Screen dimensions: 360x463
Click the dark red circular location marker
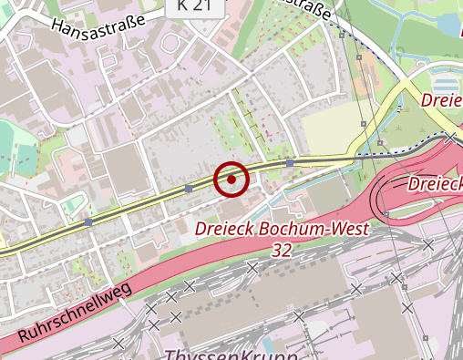[231, 180]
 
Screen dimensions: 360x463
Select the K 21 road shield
[194, 6]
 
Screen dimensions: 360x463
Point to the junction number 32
[282, 249]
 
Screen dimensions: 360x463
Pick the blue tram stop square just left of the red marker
[189, 189]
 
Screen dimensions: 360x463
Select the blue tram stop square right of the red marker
[290, 163]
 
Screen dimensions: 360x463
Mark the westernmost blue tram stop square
[88, 221]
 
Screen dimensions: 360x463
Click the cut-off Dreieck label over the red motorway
[434, 183]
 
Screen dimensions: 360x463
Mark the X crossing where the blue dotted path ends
[450, 138]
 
